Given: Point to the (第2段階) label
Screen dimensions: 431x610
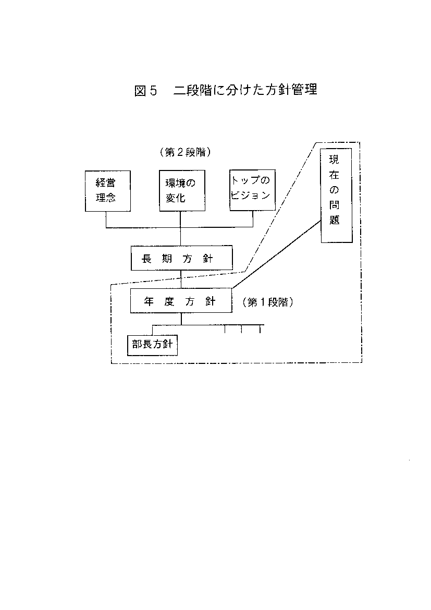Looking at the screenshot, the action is [186, 152].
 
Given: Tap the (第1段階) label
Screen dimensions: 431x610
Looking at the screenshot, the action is [268, 302].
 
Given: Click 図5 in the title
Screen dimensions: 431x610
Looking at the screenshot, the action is [145, 91].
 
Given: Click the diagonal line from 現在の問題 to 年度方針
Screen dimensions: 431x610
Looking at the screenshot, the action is [277, 254].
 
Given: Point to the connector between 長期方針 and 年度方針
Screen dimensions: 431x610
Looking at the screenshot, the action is [181, 279].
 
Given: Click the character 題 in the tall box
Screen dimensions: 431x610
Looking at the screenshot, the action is [335, 220].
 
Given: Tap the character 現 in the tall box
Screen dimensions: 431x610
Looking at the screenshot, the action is [334, 160].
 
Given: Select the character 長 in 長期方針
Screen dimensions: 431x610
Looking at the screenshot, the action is [146, 258].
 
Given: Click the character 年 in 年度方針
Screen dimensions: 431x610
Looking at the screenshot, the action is [149, 301].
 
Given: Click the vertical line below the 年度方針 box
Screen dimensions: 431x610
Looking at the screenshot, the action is [181, 319].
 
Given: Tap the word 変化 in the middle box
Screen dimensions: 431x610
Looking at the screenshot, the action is [176, 198].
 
